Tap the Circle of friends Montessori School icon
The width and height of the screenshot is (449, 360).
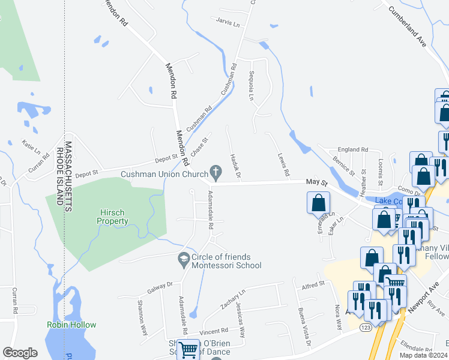pos(184,261)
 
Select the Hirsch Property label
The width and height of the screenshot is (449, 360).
pos(113,217)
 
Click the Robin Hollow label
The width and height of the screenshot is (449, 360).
pos(71,325)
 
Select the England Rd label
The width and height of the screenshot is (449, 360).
pos(352,149)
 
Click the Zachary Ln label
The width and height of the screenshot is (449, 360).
pos(233,299)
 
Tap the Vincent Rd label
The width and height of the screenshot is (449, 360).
pos(214,331)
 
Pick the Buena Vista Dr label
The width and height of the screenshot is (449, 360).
pos(304,326)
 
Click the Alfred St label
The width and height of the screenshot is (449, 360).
pos(313,283)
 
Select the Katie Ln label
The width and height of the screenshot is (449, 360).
pos(31,145)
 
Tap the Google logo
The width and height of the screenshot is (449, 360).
pos(20,353)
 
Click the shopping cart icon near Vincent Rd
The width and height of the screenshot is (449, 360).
pos(189,349)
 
